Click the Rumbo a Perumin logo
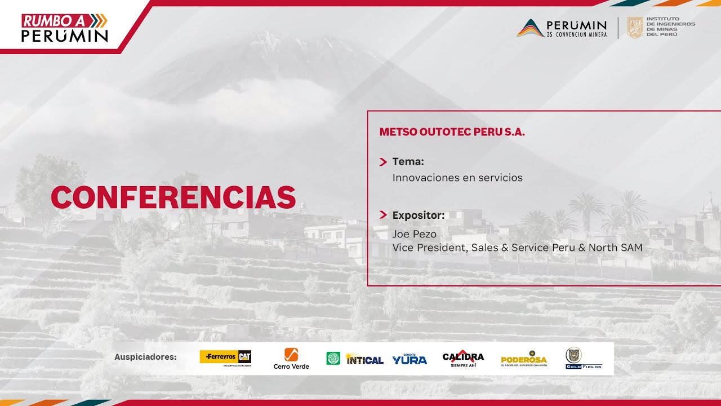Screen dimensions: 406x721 tap(64, 28)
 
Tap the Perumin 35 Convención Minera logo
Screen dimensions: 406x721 tap(562, 28)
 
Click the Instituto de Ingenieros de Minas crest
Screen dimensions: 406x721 tap(635, 28)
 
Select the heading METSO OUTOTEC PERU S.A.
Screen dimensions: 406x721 tap(452, 133)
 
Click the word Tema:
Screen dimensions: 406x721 tap(408, 162)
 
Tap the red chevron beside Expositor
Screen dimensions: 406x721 tap(383, 215)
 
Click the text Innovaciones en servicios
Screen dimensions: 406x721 tap(457, 178)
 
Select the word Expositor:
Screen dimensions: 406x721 tap(419, 215)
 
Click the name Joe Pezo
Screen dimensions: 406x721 tap(414, 234)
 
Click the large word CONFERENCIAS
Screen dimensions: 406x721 tap(173, 197)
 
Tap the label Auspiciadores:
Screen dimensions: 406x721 tap(145, 357)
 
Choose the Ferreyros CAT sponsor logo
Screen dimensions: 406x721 tap(225, 358)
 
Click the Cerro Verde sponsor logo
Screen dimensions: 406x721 tap(291, 359)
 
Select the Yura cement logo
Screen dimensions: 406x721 tap(410, 358)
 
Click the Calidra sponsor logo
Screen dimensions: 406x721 tap(463, 358)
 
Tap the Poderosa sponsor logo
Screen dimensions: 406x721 tap(524, 359)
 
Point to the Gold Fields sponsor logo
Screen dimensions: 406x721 tap(582, 359)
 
